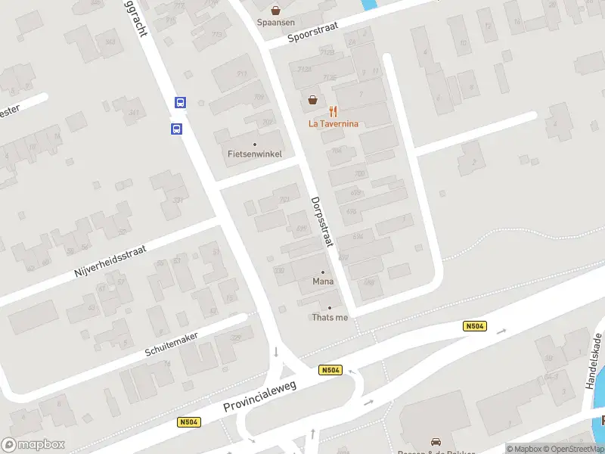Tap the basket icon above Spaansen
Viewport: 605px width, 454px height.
276,10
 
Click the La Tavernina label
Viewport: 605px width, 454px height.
333,123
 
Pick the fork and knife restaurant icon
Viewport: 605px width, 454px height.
333,110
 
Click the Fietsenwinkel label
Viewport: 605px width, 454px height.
255,154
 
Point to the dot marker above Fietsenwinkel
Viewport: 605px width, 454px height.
255,144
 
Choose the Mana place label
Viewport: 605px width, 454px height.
323,281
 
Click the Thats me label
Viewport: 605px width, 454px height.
330,317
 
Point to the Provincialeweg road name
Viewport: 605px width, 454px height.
260,396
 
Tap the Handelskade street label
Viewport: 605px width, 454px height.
593,361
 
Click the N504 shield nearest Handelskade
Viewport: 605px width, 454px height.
475,326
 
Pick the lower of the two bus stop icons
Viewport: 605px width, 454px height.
176,129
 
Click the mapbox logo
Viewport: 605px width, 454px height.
33,444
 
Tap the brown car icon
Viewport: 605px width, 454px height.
436,442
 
